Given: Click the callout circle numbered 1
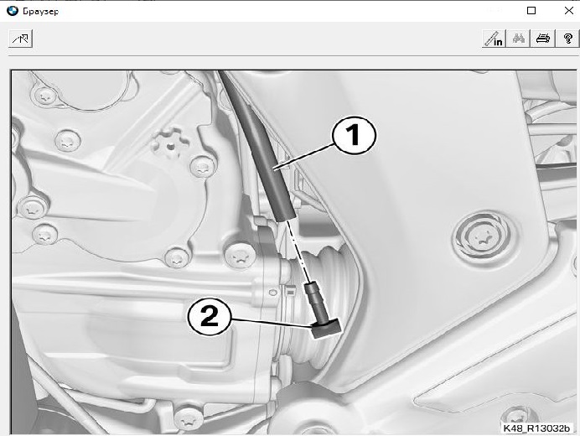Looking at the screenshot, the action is point(355,135).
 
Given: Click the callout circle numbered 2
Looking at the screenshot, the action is point(210,317).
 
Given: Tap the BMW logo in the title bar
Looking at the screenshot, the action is point(13,11).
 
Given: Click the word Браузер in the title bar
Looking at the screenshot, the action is point(41,12).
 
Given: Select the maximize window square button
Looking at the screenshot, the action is point(531,11).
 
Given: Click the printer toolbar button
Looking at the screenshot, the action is point(542,39).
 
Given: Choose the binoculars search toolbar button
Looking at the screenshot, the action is point(519,39).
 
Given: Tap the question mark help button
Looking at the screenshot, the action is point(567,39).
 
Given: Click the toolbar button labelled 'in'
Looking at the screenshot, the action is point(495,39).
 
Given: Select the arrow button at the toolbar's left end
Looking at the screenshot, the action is point(20,39).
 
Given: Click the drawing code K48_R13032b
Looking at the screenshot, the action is point(536,428).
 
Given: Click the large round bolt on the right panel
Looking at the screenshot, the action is point(484,237).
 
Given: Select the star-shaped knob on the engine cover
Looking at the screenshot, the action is point(170,144).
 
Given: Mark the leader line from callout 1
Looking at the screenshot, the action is point(305,157).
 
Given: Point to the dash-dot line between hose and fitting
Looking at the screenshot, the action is point(299,252).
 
